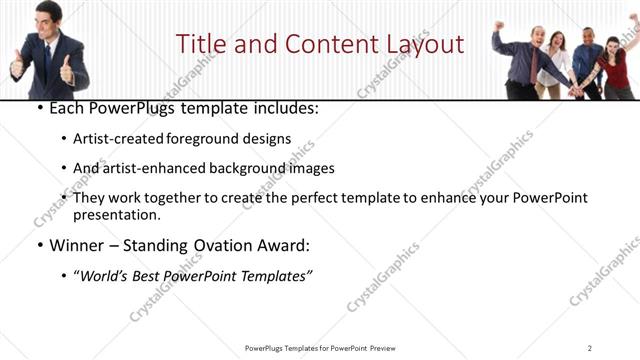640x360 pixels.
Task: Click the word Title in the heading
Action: (198, 44)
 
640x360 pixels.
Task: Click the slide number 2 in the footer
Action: (590, 348)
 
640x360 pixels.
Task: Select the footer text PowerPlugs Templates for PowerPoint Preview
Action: (319, 348)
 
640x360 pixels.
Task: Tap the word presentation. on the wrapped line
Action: (116, 214)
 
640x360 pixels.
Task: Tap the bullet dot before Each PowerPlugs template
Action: (38, 107)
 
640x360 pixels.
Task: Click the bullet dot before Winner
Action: (38, 245)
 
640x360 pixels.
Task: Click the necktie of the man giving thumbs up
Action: (47, 60)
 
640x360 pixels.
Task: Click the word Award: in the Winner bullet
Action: (285, 245)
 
